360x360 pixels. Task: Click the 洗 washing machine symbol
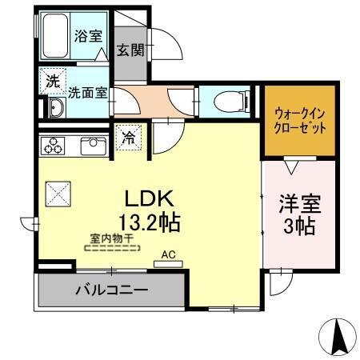[52, 80]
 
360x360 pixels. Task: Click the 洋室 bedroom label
[298, 202]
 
